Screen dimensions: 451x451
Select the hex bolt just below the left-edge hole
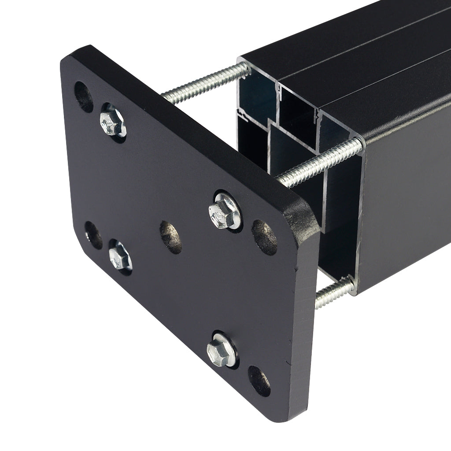tap(120, 257)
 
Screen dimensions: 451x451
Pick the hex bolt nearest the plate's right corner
tap(225, 211)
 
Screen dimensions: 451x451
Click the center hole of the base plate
tap(171, 237)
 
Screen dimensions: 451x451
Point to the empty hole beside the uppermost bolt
tap(84, 96)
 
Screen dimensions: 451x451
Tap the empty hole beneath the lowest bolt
tap(259, 381)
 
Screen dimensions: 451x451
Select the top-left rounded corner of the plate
tap(73, 55)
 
